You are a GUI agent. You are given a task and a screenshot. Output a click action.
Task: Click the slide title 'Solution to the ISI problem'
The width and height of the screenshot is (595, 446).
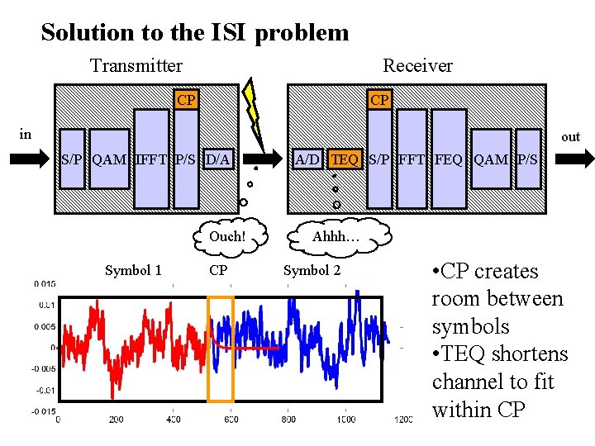(x=195, y=33)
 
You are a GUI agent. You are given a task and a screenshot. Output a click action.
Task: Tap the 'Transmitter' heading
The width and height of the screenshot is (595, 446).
(x=136, y=65)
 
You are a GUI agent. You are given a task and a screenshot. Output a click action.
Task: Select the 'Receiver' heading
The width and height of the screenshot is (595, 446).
(x=417, y=65)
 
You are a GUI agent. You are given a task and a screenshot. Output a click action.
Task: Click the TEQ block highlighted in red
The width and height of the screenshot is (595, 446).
(x=345, y=159)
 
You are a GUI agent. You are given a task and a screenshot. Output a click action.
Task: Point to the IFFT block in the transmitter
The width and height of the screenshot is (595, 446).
(x=151, y=159)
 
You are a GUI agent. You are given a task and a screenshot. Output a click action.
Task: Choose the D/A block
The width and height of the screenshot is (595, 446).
(x=218, y=159)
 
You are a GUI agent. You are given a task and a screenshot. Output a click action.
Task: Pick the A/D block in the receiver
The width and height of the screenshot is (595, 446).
(x=307, y=159)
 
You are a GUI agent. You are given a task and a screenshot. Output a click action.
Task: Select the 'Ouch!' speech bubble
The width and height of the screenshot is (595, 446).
(x=227, y=236)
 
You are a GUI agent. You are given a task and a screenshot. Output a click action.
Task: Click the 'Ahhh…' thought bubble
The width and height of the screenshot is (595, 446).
(x=336, y=237)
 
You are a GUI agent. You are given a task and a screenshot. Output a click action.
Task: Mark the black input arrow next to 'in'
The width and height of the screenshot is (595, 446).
(x=31, y=159)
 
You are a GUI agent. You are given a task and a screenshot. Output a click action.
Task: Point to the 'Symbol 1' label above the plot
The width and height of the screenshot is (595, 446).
(x=133, y=270)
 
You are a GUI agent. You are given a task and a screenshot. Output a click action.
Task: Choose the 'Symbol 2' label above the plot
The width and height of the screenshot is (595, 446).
(x=312, y=270)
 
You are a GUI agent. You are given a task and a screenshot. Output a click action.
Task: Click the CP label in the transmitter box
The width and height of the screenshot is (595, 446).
(x=187, y=100)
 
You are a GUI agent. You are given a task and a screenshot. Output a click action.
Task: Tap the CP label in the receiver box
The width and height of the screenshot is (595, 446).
(x=379, y=100)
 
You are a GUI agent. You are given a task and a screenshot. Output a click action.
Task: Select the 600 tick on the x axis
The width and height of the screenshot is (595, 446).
(x=230, y=420)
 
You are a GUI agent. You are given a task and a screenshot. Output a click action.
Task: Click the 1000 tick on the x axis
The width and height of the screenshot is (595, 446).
(x=346, y=420)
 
